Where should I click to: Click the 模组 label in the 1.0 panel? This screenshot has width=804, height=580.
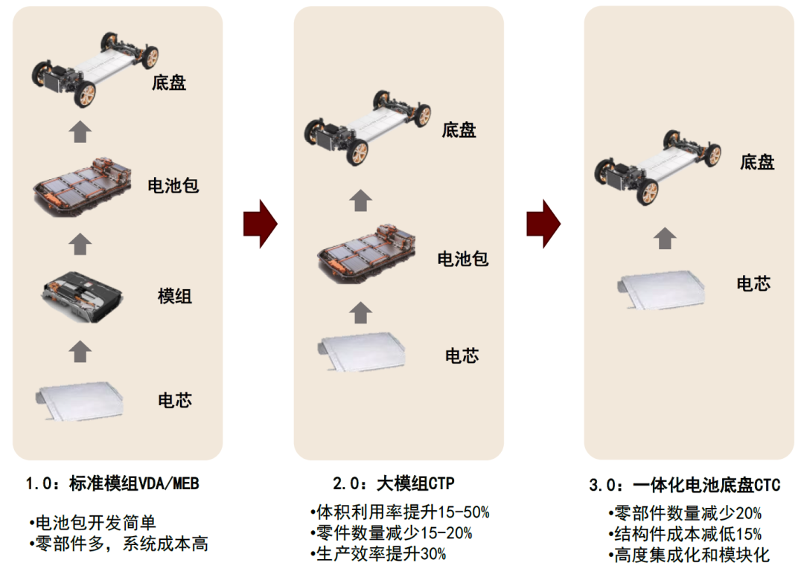point(175,296)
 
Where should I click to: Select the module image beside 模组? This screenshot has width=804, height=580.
point(81,295)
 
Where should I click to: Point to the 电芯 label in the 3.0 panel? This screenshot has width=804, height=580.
point(753,283)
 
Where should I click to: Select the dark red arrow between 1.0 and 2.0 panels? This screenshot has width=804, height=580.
point(260,223)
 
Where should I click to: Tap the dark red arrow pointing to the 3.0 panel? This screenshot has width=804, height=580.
point(543,223)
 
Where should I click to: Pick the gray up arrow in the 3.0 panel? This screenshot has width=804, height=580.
point(666,238)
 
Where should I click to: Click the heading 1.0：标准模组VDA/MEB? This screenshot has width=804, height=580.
point(112,484)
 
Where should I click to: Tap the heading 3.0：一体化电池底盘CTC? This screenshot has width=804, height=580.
point(684,486)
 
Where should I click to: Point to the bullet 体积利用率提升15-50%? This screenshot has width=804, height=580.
point(400,512)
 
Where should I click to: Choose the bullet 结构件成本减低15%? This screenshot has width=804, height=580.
point(684,534)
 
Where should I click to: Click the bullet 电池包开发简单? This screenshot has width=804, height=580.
point(93,523)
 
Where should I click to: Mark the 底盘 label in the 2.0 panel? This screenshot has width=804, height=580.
point(459,131)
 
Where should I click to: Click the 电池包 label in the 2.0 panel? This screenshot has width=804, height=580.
point(462,259)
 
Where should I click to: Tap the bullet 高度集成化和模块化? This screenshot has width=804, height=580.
point(689,555)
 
